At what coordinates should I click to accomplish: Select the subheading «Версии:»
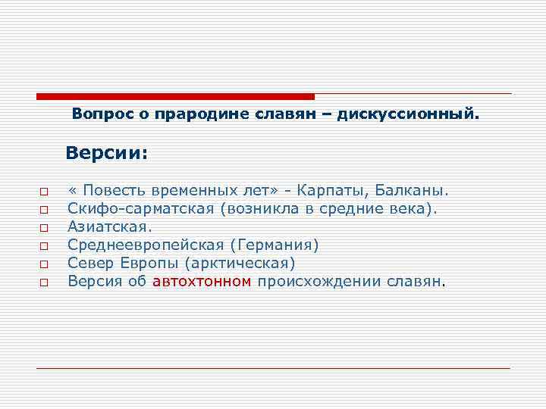[x=106, y=153]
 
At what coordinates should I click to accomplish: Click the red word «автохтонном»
[x=202, y=282]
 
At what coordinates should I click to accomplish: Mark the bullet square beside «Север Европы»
[x=44, y=264]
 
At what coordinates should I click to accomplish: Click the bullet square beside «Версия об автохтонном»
[x=44, y=283]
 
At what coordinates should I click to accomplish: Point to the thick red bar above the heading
[x=175, y=96]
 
